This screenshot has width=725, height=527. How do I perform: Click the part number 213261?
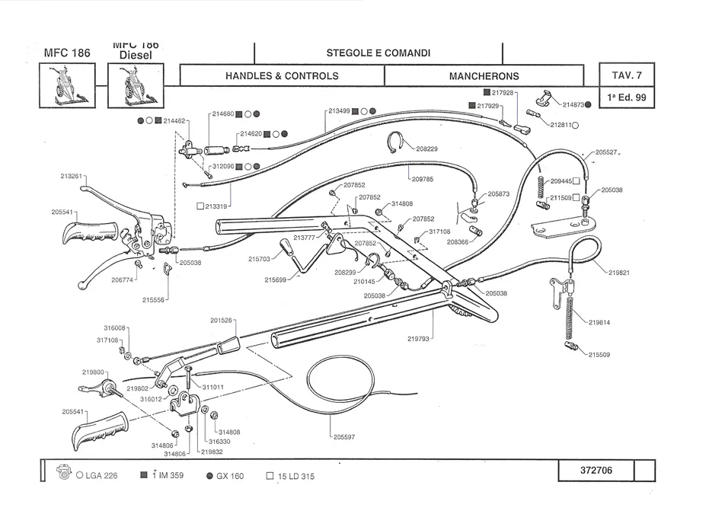click(x=71, y=176)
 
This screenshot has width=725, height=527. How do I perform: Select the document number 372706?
click(x=596, y=470)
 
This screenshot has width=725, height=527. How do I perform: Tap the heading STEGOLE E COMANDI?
click(x=378, y=53)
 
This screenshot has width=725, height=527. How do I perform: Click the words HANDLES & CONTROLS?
click(x=282, y=76)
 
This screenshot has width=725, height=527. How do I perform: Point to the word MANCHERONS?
click(x=484, y=76)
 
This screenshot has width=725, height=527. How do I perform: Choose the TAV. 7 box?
click(x=627, y=75)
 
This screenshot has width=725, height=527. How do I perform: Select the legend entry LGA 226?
click(x=101, y=476)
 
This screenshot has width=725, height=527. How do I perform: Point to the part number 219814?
click(x=599, y=322)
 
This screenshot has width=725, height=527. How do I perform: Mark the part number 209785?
click(x=422, y=179)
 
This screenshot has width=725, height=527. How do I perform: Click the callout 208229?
click(x=427, y=149)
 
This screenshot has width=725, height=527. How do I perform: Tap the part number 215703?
click(x=260, y=259)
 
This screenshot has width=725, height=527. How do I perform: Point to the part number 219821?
click(x=619, y=272)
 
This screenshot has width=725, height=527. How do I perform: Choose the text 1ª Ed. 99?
click(x=627, y=97)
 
